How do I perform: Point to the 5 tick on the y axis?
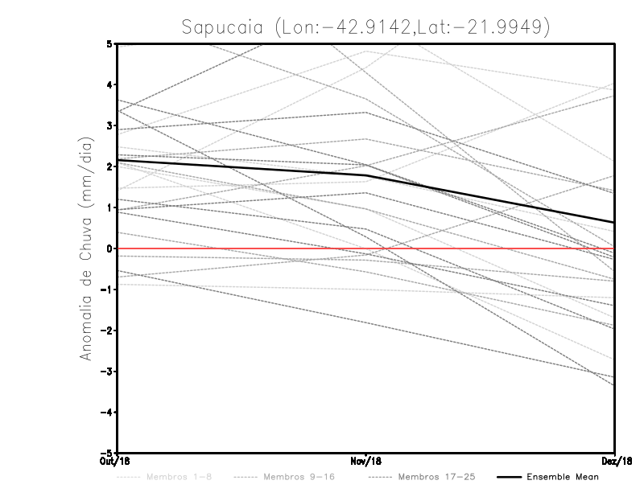click(x=109, y=43)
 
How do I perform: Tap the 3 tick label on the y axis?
click(x=109, y=126)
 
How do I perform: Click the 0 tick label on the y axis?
click(x=109, y=249)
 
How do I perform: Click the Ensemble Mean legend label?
click(x=563, y=477)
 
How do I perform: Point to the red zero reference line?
click(x=483, y=249)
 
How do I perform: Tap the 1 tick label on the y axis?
click(x=109, y=208)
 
